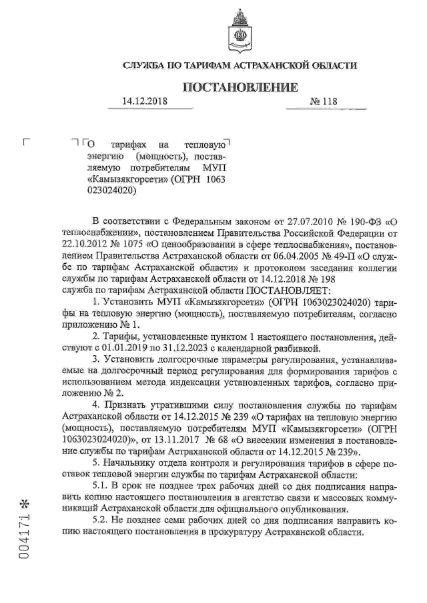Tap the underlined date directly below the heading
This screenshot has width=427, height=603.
coord(143,102)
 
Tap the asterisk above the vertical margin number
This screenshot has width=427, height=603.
coord(26,501)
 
